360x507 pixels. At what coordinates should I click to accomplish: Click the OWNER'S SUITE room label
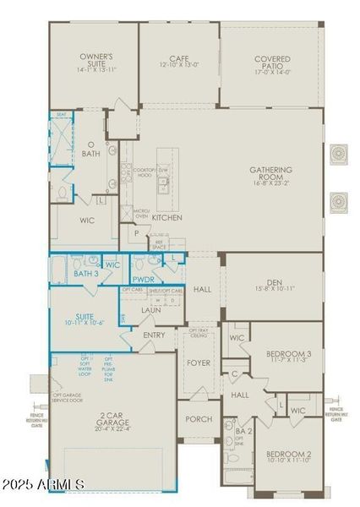pyautogui.click(x=96, y=61)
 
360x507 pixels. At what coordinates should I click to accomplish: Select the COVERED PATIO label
pyautogui.click(x=272, y=63)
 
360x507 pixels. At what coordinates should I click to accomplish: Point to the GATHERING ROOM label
pyautogui.click(x=270, y=174)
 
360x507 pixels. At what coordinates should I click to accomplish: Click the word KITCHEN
pyautogui.click(x=166, y=217)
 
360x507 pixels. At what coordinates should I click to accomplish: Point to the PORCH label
pyautogui.click(x=199, y=419)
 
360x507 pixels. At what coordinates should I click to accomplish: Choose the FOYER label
pyautogui.click(x=199, y=363)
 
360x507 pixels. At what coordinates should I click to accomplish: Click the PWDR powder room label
pyautogui.click(x=143, y=278)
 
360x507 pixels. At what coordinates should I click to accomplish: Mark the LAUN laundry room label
pyautogui.click(x=151, y=310)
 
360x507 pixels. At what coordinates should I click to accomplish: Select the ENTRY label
pyautogui.click(x=155, y=335)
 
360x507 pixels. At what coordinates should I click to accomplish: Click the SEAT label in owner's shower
pyautogui.click(x=61, y=116)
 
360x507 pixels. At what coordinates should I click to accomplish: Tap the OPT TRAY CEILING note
pyautogui.click(x=199, y=333)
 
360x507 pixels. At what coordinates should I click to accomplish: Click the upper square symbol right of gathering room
pyautogui.click(x=340, y=154)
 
